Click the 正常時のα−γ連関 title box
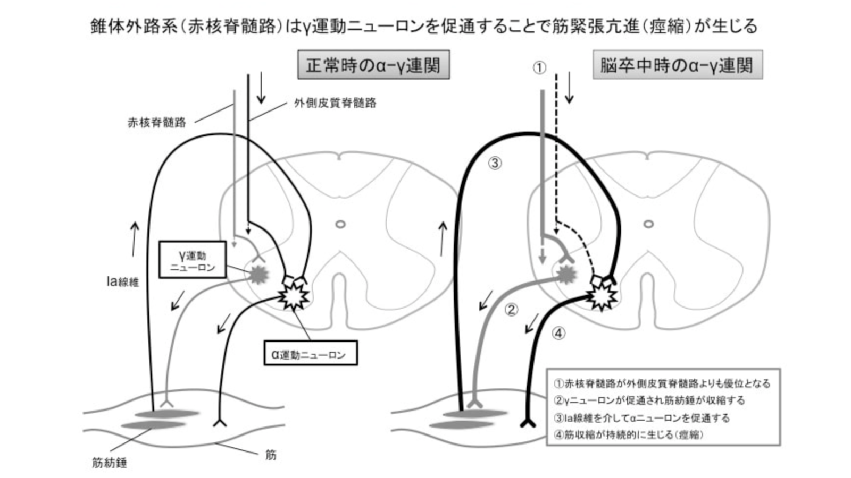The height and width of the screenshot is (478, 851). coord(373,65)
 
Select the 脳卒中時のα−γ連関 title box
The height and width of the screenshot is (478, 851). coord(677,65)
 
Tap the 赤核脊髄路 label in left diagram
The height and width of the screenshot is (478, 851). coord(157,123)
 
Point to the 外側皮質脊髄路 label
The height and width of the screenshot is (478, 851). coord(335,103)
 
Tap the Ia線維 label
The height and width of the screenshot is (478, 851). coord(122,281)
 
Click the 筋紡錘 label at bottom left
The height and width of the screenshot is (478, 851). coord(110,463)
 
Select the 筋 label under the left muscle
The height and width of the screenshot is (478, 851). coord(271,455)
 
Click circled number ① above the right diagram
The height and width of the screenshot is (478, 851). coord(539,68)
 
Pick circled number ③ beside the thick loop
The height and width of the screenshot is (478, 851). coord(495,164)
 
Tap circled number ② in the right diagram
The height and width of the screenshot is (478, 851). coord(511,310)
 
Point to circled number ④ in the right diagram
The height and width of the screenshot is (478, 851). coord(558,334)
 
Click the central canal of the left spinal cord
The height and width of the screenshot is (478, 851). coord(340,224)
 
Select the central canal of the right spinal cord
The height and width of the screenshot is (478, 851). coord(648,224)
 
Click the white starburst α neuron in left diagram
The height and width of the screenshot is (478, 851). coord(291,296)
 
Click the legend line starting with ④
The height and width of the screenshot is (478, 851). coord(629,434)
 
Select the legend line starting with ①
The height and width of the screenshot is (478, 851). coord(662,383)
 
